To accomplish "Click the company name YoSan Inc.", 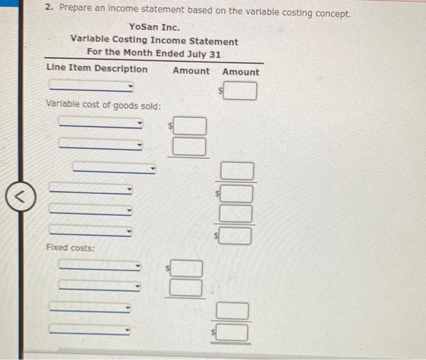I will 155,27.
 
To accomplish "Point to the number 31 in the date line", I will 215,54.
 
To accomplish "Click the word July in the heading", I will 194,54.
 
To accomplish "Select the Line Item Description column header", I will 97,69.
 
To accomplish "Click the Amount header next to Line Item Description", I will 190,71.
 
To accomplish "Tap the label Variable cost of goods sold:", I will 103,105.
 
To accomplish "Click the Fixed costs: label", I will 71,247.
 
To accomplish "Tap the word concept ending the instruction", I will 332,13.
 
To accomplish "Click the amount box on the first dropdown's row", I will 242,91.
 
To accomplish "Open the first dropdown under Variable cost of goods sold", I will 101,123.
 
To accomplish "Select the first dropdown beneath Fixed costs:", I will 100,266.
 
